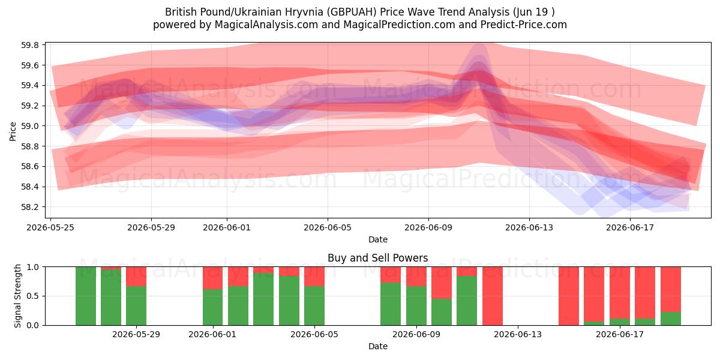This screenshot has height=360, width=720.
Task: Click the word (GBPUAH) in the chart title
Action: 352,12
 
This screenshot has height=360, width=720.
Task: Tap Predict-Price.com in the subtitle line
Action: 524,25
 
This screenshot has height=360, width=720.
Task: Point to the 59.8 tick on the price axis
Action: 30,45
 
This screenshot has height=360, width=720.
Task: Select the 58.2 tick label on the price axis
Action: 30,207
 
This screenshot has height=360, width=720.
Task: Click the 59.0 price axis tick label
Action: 30,126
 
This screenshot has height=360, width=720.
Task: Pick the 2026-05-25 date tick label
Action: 50,227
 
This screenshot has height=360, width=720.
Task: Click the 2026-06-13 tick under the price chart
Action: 529,227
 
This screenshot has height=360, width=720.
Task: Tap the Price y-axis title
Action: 13,131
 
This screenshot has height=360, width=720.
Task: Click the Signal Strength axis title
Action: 17,296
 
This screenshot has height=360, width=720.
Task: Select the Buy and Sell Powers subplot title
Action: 377,258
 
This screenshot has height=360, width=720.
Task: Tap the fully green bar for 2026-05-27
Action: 85,296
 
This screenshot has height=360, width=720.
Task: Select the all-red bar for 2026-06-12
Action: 493,296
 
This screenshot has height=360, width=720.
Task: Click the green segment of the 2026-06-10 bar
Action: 442,312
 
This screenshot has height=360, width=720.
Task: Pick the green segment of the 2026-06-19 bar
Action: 671,319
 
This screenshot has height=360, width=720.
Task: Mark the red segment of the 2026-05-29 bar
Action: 136,277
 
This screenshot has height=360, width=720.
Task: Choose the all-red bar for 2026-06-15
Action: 569,296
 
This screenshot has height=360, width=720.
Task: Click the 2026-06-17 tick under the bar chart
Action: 620,335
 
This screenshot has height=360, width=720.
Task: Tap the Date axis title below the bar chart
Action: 377,347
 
